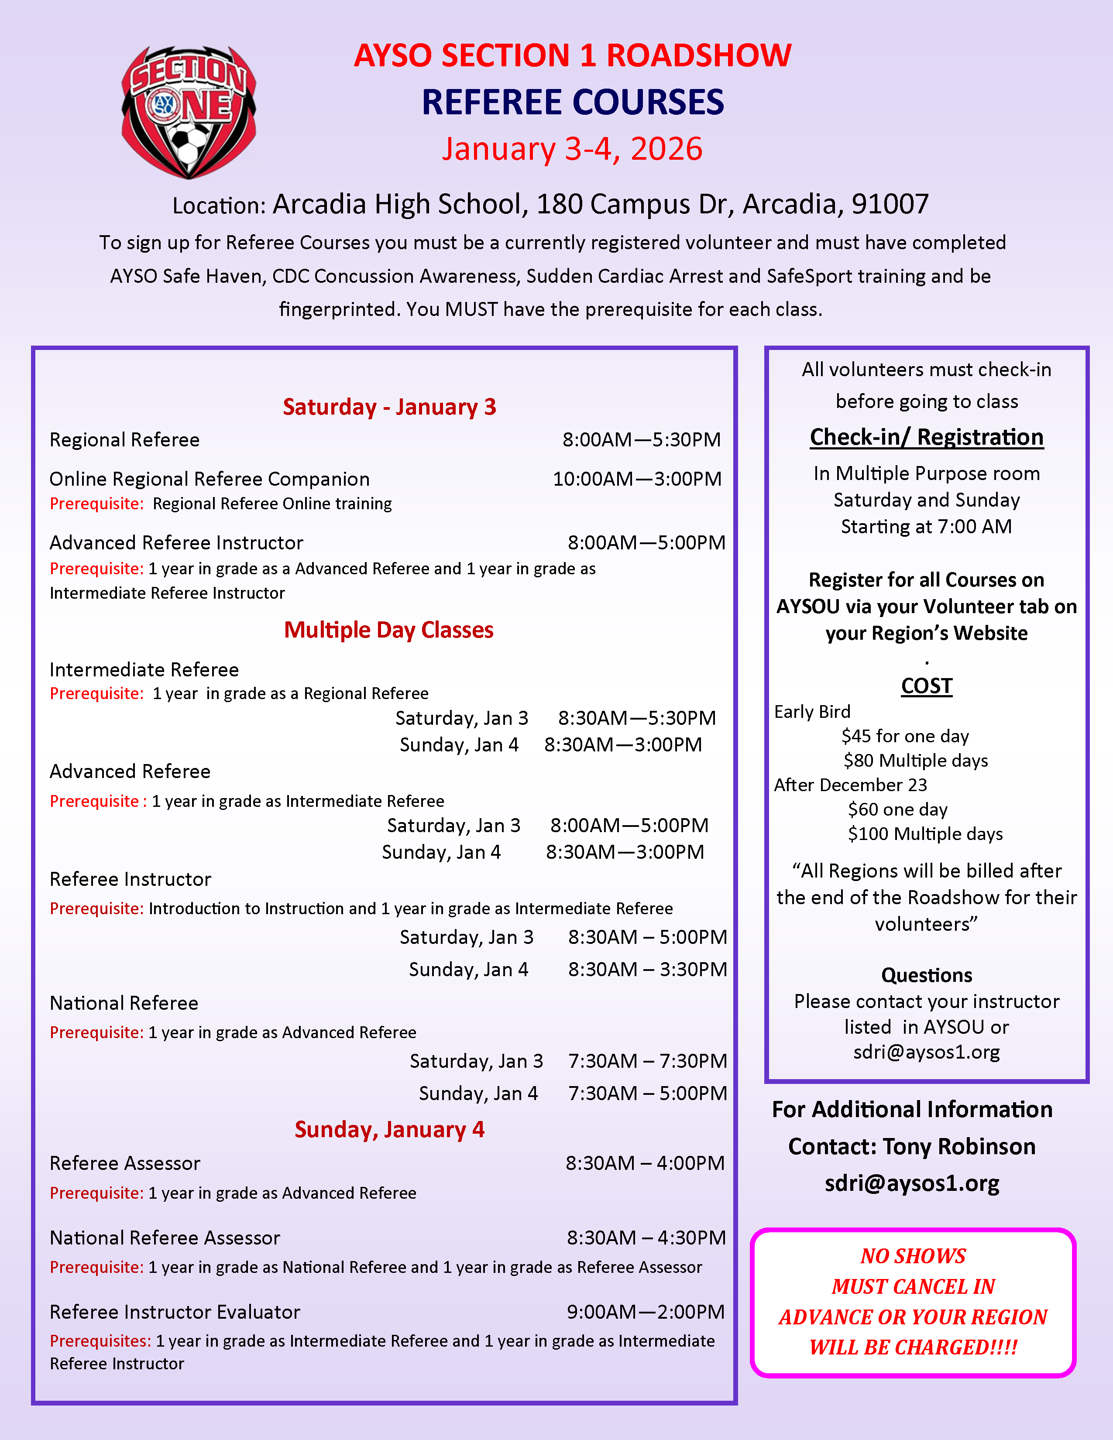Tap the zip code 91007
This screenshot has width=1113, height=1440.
[x=890, y=204]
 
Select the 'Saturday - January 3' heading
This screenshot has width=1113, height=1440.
[x=389, y=407]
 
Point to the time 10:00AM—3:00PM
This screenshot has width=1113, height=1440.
[x=637, y=479]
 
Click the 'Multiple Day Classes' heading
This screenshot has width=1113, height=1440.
[x=388, y=630]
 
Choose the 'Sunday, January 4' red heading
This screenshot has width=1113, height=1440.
[x=389, y=1129]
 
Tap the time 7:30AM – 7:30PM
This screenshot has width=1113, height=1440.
[x=647, y=1061]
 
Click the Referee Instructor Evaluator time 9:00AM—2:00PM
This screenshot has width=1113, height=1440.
[x=646, y=1312]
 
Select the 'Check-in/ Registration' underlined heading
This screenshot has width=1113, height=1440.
[x=926, y=437]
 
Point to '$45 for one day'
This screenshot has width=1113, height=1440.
[x=905, y=736]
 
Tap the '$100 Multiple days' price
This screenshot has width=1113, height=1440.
[x=925, y=834]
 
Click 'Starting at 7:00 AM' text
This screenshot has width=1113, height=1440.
[x=926, y=527]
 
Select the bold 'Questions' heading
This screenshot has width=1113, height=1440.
[x=926, y=975]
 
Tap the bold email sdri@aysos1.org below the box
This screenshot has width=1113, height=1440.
[x=912, y=1183]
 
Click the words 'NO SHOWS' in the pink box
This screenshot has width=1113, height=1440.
[x=913, y=1256]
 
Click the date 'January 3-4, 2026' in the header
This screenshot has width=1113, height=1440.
[x=572, y=149]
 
